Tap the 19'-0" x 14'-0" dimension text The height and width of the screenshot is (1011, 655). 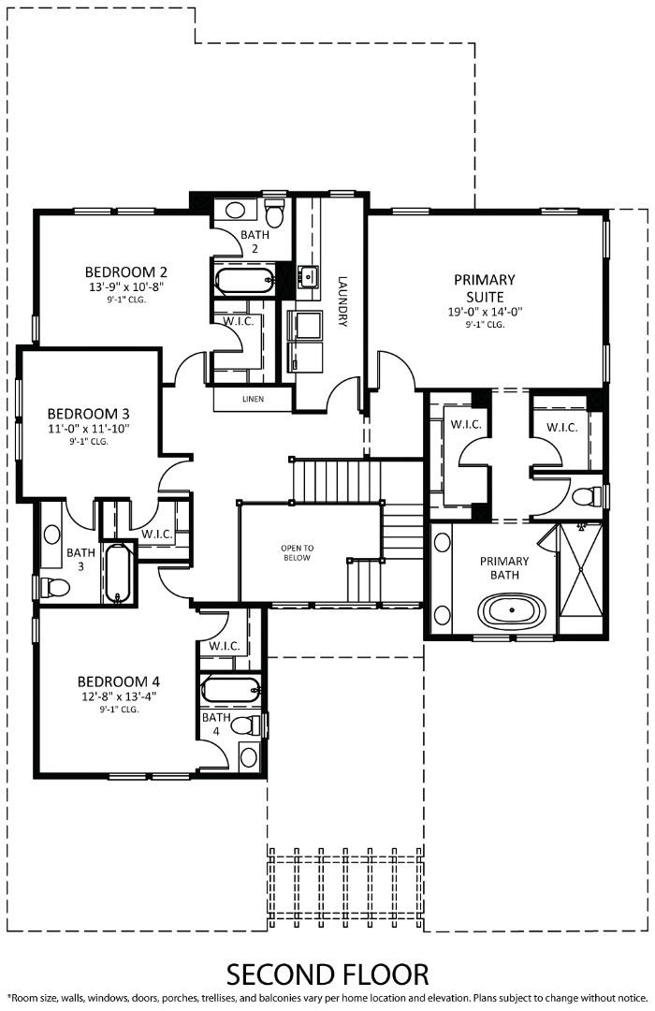pyautogui.click(x=484, y=312)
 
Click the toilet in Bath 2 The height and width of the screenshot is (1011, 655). pyautogui.click(x=274, y=209)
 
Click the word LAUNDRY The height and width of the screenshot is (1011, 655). pyautogui.click(x=342, y=300)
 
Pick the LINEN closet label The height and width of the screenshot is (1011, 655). pyautogui.click(x=252, y=399)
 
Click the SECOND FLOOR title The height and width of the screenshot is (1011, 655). pyautogui.click(x=327, y=974)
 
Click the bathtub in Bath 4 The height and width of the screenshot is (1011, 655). pyautogui.click(x=229, y=691)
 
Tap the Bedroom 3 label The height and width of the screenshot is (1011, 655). pyautogui.click(x=88, y=413)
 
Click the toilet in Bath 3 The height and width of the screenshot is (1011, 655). pyautogui.click(x=53, y=588)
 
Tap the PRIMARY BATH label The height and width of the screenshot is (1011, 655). pyautogui.click(x=504, y=568)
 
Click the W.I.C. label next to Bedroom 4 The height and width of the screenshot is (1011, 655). pyautogui.click(x=225, y=646)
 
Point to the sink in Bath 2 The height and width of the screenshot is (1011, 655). pyautogui.click(x=235, y=210)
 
